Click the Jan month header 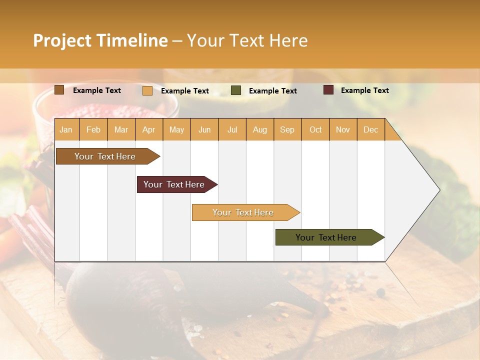(x=66, y=129)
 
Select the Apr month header (x=148, y=129)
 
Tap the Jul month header (x=232, y=129)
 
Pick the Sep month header (x=287, y=129)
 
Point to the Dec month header (x=370, y=129)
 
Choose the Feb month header (x=93, y=129)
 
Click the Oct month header (x=315, y=129)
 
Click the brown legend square (x=59, y=90)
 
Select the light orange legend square (x=147, y=90)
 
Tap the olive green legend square (x=236, y=90)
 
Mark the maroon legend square (x=328, y=90)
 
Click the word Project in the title (x=62, y=40)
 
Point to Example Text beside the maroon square (x=364, y=90)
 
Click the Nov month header (x=342, y=129)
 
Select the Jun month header (x=204, y=129)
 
